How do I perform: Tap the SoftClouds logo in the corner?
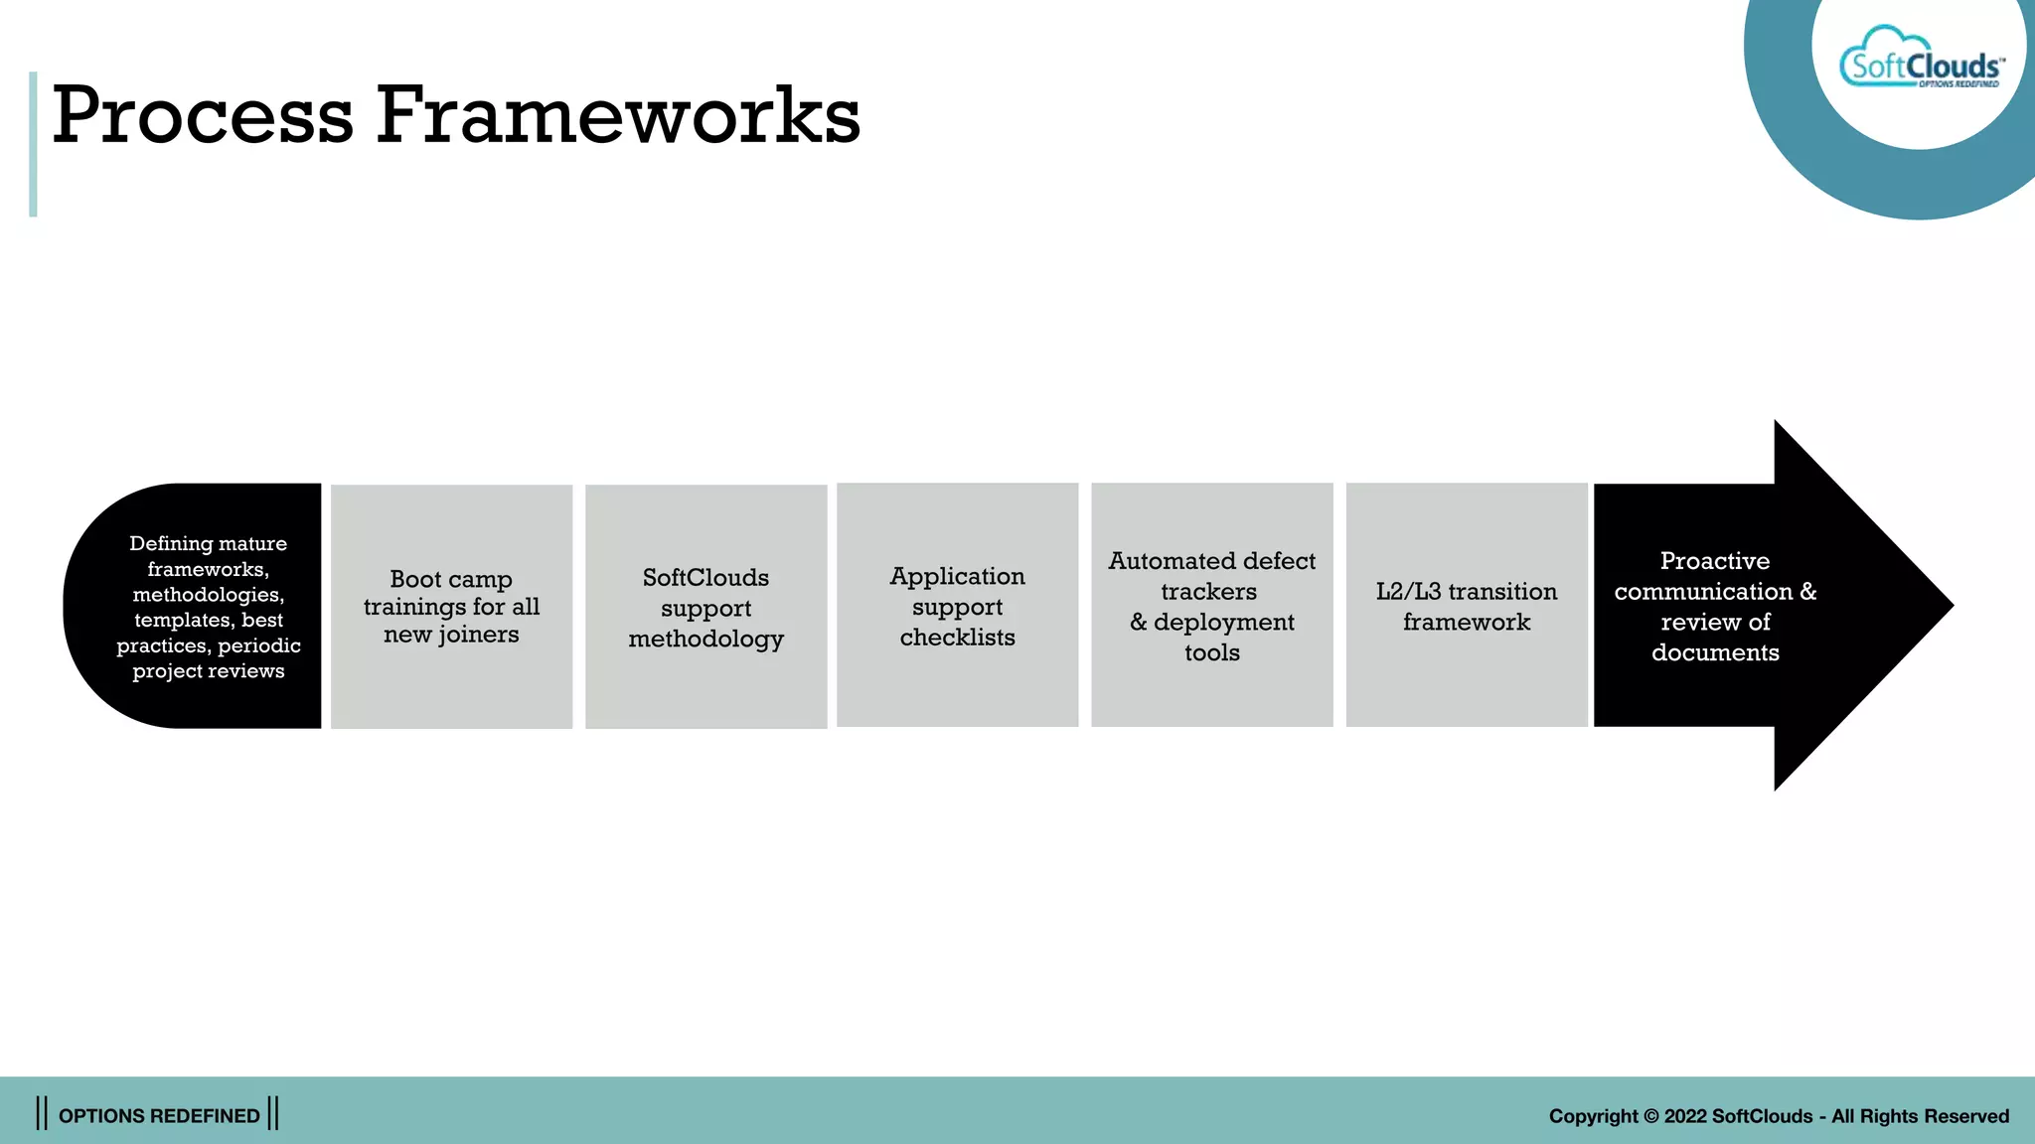point(1921,66)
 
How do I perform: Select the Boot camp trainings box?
point(451,606)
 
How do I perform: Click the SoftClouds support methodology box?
point(705,606)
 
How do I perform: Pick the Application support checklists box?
point(957,605)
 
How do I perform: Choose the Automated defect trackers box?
point(1211,605)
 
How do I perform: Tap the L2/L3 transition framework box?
point(1466,605)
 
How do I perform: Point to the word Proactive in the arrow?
point(1715,561)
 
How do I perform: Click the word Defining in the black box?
point(171,543)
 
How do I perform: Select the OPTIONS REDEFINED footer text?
point(159,1115)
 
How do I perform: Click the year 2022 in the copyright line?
point(1685,1116)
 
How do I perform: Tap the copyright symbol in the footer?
point(1650,1116)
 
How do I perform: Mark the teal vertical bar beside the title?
point(33,144)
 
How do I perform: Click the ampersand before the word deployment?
point(1138,623)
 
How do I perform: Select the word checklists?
point(957,638)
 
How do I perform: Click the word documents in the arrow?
point(1715,652)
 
